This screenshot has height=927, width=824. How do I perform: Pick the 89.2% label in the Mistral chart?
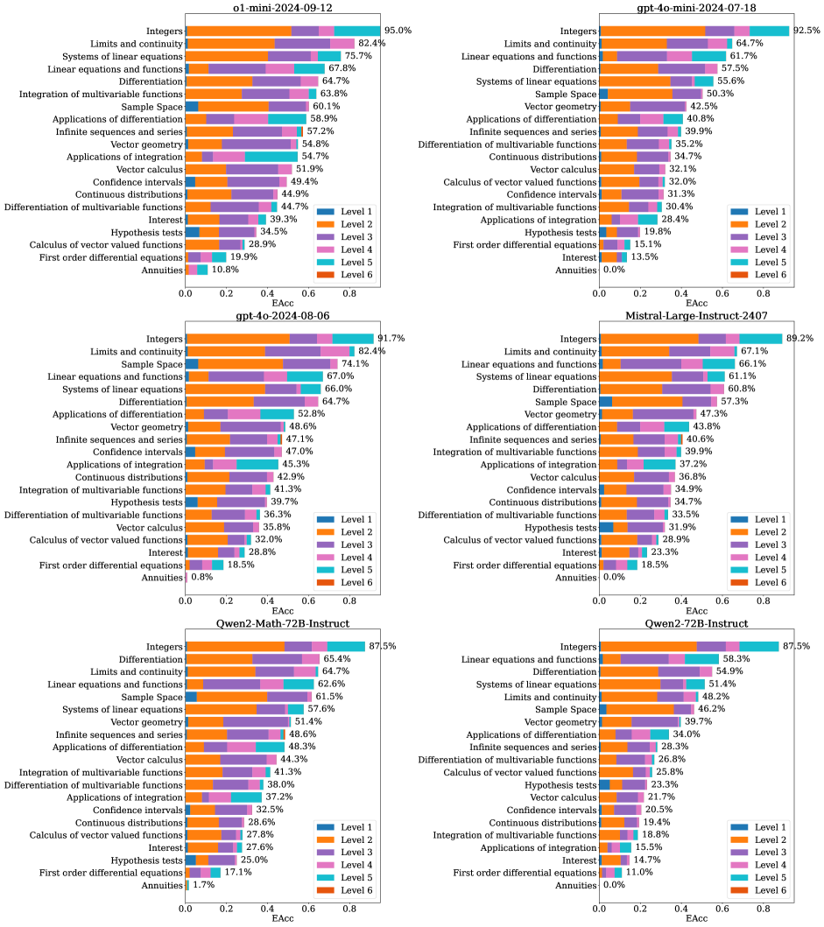[x=801, y=339]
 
